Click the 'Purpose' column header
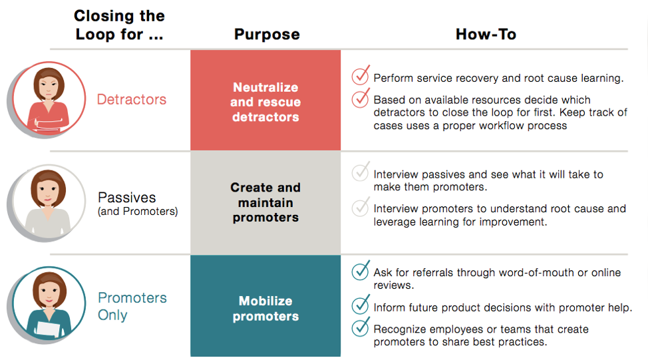click(x=267, y=35)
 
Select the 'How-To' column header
click(x=486, y=34)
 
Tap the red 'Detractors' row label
click(x=132, y=99)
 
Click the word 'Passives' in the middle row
click(x=127, y=197)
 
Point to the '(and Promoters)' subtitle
click(x=138, y=211)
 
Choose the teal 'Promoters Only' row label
click(x=132, y=306)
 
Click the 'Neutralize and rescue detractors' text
click(x=265, y=102)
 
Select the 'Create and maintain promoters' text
click(x=265, y=202)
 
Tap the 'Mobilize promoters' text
click(x=265, y=308)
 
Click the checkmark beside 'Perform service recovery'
click(x=361, y=75)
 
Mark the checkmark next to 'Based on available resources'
click(x=361, y=98)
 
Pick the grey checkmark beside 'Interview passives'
click(x=361, y=172)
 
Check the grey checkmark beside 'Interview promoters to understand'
click(x=361, y=207)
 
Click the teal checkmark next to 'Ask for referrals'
click(x=361, y=270)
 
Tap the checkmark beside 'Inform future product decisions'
click(x=361, y=305)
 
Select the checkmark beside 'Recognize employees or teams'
click(x=361, y=327)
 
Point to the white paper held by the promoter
click(x=49, y=329)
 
